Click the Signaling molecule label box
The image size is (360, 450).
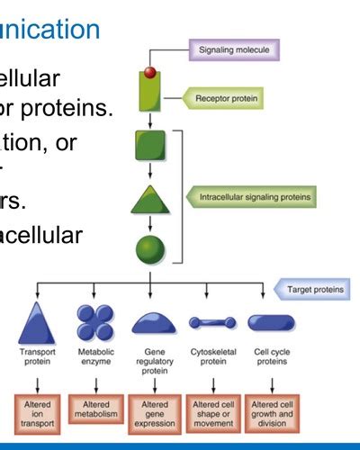pos(233,50)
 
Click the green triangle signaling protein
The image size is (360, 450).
pos(150,199)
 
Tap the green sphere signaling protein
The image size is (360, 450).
pos(150,249)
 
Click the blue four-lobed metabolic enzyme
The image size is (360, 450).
pos(94,322)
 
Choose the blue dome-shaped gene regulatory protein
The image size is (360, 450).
pos(152,323)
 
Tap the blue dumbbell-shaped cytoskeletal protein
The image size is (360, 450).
pos(212,322)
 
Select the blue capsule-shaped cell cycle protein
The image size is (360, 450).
pos(270,322)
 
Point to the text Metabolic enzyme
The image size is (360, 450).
pos(95,358)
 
